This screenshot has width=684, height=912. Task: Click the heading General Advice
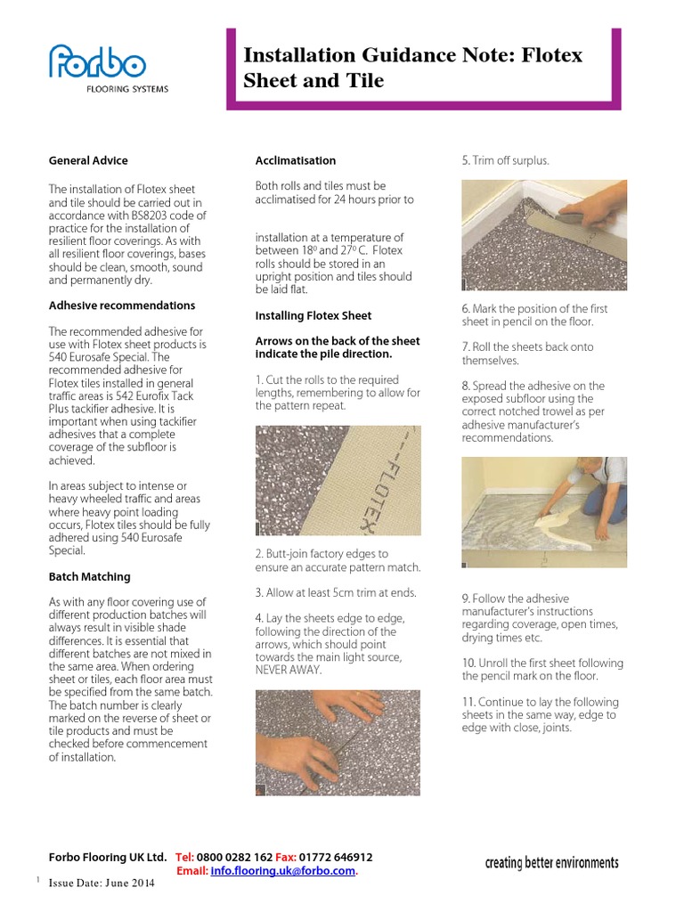click(x=88, y=160)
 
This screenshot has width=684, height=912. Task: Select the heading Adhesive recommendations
click(x=121, y=305)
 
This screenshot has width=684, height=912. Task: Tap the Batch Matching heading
click(x=89, y=576)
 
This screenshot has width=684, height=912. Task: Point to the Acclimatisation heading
click(x=296, y=160)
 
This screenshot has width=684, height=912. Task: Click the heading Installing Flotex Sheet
click(x=313, y=315)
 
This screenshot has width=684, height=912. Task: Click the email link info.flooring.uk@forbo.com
click(x=283, y=870)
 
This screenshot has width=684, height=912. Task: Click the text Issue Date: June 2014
click(x=102, y=883)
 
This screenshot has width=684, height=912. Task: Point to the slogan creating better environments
click(x=551, y=863)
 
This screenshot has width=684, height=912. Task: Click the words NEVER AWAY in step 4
click(x=287, y=670)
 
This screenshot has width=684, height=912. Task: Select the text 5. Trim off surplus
click(x=505, y=161)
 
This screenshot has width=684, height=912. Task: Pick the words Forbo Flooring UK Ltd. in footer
click(x=107, y=857)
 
